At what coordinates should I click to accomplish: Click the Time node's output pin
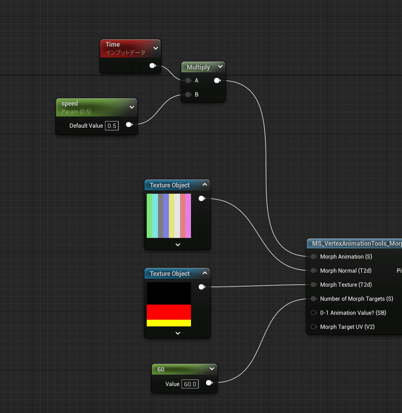(153, 65)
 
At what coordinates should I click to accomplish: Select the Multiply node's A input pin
(188, 80)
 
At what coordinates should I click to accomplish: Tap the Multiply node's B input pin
(188, 94)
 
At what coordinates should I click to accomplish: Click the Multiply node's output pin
(217, 80)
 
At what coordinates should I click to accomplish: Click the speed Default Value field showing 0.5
(112, 126)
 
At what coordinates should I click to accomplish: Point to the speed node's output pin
(129, 125)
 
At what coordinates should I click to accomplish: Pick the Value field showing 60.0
(190, 384)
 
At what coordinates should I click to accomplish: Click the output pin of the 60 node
(209, 383)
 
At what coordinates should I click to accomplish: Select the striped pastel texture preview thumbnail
(169, 216)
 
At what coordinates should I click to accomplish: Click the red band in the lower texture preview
(169, 312)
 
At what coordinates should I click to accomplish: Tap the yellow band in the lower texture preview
(169, 323)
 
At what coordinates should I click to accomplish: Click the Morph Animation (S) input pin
(314, 257)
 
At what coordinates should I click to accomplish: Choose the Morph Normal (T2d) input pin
(314, 271)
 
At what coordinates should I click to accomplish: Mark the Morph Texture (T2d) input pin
(314, 285)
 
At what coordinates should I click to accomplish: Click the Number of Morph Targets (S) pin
(314, 299)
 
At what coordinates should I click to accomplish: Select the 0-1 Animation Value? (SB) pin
(314, 313)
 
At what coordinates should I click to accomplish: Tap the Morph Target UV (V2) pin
(314, 327)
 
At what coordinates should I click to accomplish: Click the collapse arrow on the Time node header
(156, 48)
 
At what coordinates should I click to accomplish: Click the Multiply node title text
(198, 67)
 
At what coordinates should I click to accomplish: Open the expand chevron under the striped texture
(177, 245)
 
